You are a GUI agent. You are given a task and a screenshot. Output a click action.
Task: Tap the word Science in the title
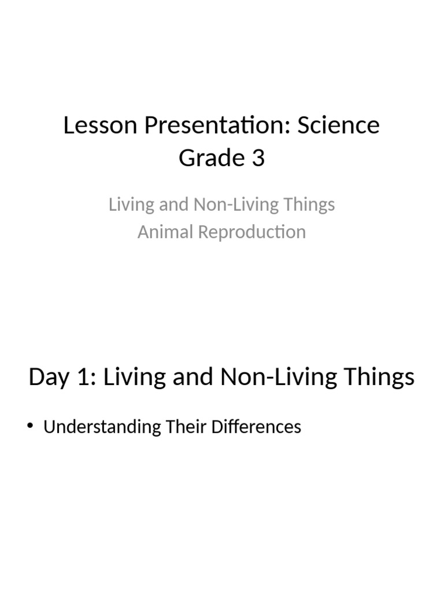pyautogui.click(x=339, y=125)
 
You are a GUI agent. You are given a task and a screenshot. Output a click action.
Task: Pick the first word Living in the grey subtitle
pyautogui.click(x=128, y=205)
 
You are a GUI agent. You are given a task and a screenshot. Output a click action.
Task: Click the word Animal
pyautogui.click(x=165, y=232)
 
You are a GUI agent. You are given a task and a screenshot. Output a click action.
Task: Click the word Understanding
pyautogui.click(x=102, y=427)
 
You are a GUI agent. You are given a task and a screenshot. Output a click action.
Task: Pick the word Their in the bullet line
pyautogui.click(x=185, y=427)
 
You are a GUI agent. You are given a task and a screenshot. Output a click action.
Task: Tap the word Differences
pyautogui.click(x=256, y=427)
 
